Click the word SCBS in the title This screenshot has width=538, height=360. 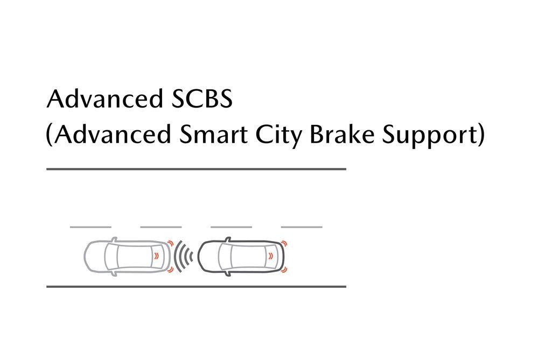[198, 100]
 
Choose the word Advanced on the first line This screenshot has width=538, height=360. [101, 100]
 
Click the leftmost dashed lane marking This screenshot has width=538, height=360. [90, 227]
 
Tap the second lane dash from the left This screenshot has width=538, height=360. [161, 227]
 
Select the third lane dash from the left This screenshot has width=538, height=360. [231, 227]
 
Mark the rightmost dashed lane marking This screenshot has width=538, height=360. [302, 227]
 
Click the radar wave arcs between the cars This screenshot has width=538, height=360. [184, 256]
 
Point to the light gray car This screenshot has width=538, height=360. [127, 256]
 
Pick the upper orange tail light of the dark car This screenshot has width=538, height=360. [284, 244]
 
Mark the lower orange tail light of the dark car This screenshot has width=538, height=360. [284, 269]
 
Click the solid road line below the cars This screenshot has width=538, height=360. [196, 286]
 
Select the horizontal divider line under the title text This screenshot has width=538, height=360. [196, 169]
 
